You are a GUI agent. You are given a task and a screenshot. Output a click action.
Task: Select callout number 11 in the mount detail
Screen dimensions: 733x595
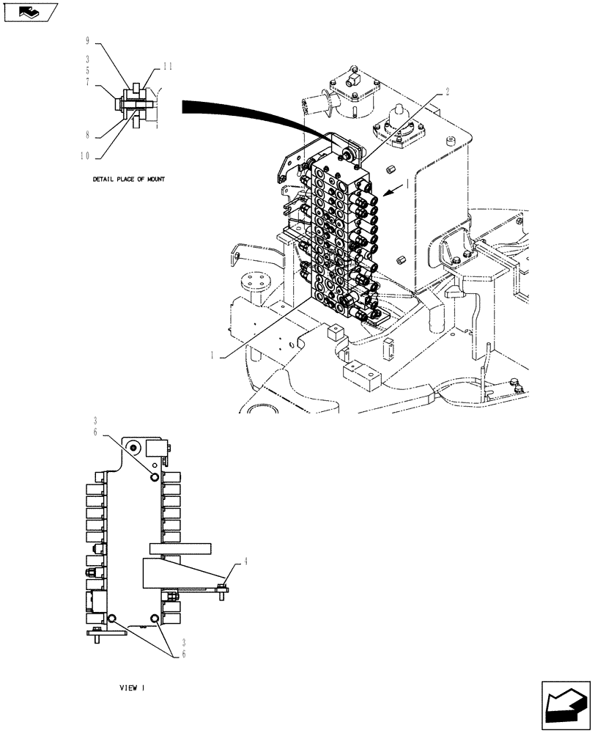pos(168,66)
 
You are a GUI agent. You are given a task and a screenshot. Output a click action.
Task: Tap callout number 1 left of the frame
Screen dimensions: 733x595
pos(212,354)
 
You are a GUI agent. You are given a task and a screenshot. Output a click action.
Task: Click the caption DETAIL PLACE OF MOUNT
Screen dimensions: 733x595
pos(128,179)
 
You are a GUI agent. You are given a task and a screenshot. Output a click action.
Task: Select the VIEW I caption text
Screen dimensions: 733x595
pos(133,688)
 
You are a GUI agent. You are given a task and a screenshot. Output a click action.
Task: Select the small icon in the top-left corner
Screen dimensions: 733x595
pos(29,12)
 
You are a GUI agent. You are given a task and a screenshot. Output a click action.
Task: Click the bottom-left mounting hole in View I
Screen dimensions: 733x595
pos(112,619)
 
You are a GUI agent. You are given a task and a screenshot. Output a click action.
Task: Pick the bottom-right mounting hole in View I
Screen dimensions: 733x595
pos(155,619)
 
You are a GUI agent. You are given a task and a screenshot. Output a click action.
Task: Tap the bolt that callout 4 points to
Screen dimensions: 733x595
pos(222,586)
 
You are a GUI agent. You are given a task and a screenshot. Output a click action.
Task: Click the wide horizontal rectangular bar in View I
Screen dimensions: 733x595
pos(179,548)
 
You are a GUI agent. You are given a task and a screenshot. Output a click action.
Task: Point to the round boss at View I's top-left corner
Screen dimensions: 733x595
pos(133,448)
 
